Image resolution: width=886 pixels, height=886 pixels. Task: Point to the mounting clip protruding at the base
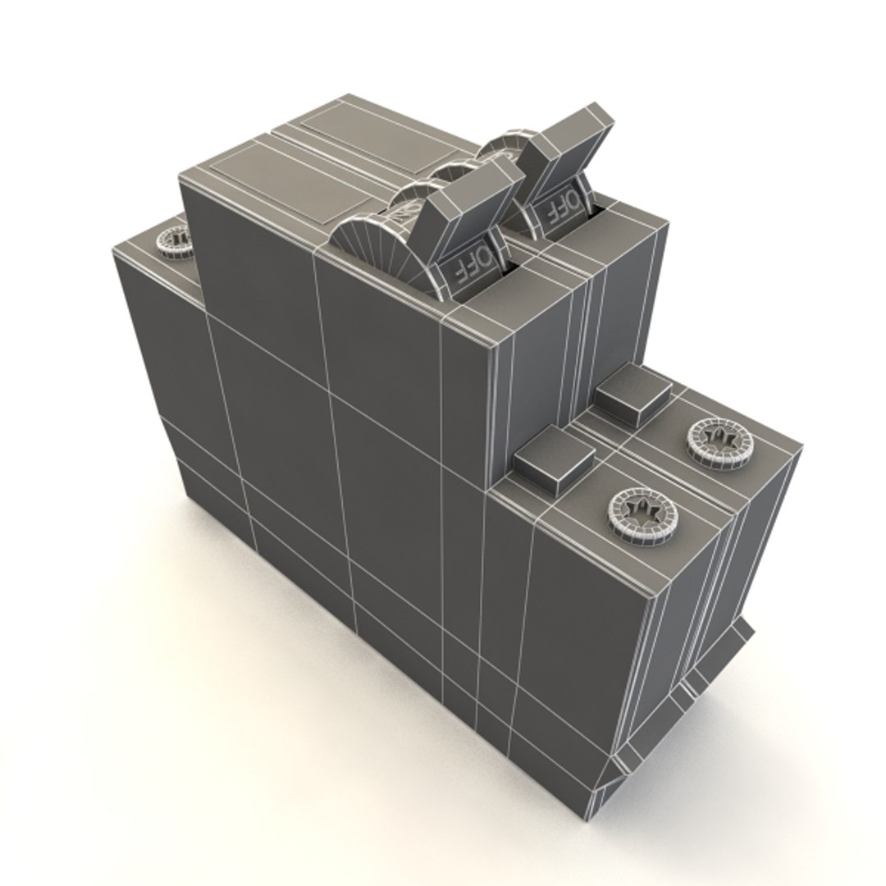click(722, 656)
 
